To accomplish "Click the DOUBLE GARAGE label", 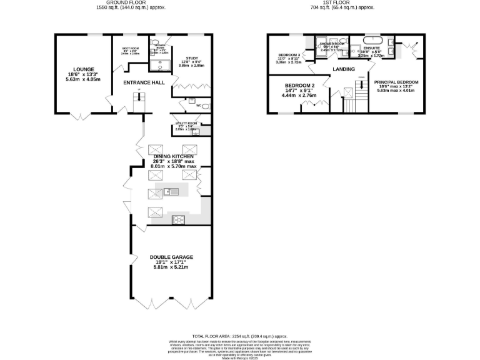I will [171, 257].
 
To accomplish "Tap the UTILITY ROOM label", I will [186, 124].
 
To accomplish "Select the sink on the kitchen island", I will [167, 191].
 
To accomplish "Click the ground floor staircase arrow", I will [139, 97].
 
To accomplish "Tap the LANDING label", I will [344, 69].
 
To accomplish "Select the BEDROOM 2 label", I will [299, 86].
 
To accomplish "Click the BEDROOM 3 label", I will [289, 55].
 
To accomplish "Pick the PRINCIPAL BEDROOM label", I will [396, 82].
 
